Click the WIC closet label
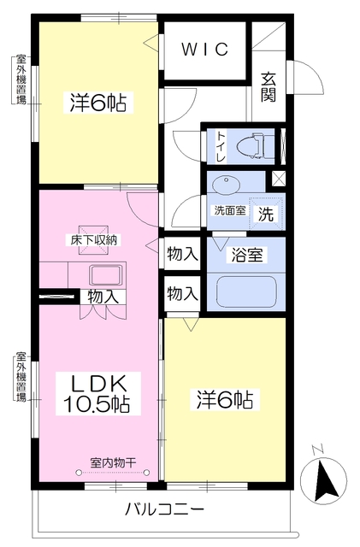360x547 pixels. coord(205,49)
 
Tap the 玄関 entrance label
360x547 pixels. coord(269,86)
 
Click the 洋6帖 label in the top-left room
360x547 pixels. coord(98,103)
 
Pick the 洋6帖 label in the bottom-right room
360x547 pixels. coord(225,399)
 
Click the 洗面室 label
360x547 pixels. coord(228,209)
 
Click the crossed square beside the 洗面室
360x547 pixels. coord(277,179)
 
